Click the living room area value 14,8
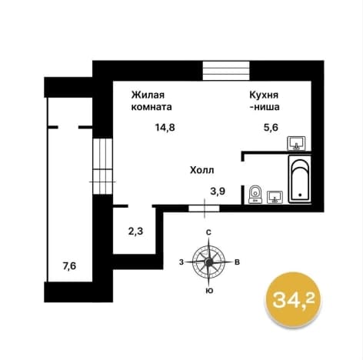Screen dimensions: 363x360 click(x=165, y=127)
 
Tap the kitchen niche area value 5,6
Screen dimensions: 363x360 click(x=271, y=127)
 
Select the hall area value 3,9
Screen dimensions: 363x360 click(x=218, y=191)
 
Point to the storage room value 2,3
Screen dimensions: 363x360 click(x=135, y=232)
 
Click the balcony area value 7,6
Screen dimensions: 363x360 click(x=69, y=266)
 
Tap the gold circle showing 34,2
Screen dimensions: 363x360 click(x=293, y=300)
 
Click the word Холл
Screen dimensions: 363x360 click(x=202, y=170)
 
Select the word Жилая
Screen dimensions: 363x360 click(x=148, y=95)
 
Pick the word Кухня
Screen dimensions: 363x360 click(x=264, y=95)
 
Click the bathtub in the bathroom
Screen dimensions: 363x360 click(x=300, y=179)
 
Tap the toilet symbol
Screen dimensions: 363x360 click(x=255, y=194)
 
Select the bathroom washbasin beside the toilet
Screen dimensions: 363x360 click(x=275, y=197)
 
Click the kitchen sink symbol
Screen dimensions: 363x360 click(x=296, y=143)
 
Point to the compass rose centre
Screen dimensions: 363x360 click(x=209, y=262)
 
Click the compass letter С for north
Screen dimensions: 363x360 click(x=209, y=232)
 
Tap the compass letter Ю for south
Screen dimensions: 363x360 click(x=209, y=291)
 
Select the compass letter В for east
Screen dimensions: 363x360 click(x=238, y=262)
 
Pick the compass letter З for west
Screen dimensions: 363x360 click(x=181, y=262)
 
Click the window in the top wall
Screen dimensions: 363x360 click(x=226, y=71)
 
